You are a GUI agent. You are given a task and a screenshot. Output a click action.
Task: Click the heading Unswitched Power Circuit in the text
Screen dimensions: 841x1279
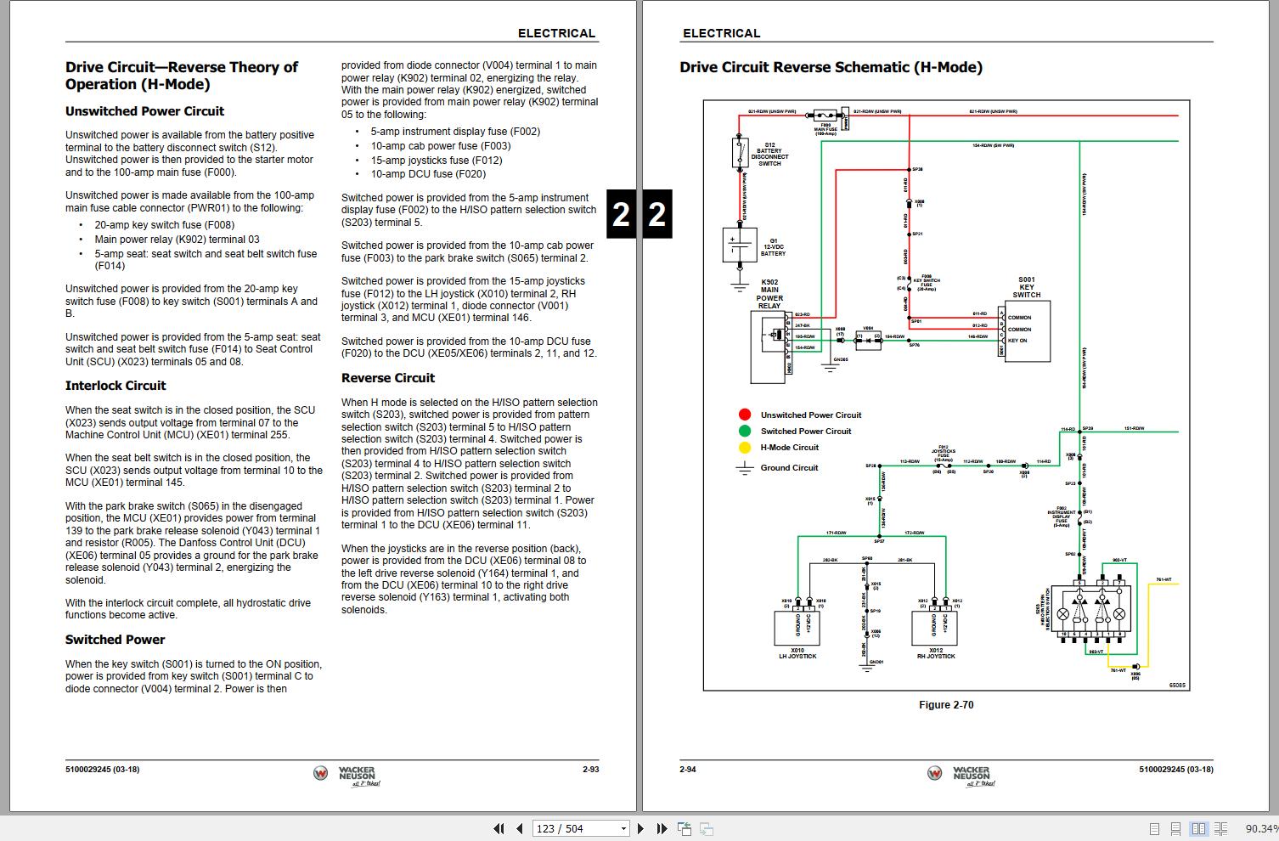[144, 111]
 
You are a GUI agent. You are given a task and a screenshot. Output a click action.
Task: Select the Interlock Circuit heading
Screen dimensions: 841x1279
[116, 386]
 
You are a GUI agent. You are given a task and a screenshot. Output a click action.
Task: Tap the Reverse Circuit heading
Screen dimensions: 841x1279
[388, 378]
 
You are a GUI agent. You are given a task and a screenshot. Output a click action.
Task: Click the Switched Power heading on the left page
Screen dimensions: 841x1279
[115, 640]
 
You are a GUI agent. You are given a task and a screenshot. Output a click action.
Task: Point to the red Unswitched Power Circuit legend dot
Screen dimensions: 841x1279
[745, 415]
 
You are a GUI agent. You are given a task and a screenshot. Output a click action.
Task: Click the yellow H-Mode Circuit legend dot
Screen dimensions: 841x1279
[745, 448]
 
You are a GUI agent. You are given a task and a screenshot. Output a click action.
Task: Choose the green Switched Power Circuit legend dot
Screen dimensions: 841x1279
[745, 431]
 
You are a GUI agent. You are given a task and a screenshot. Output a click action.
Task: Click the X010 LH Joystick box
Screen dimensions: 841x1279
[797, 628]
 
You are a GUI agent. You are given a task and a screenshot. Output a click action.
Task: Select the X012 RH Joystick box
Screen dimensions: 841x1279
[934, 628]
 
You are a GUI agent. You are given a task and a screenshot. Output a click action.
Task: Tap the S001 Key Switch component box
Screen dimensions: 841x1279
[1027, 330]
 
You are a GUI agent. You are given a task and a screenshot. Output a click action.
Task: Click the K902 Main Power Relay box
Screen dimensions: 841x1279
[771, 346]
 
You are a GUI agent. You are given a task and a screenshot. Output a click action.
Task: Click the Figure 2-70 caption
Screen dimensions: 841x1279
[946, 705]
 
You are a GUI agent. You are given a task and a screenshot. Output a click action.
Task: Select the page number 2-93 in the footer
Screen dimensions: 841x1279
[590, 770]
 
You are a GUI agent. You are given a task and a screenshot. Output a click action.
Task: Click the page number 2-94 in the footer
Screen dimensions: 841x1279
[688, 770]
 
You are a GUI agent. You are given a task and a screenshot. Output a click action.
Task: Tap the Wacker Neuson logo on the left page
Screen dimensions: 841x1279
[345, 775]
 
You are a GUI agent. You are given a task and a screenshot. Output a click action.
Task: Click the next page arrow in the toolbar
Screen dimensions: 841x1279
[641, 828]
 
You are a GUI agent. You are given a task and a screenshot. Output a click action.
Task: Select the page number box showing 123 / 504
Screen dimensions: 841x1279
[580, 828]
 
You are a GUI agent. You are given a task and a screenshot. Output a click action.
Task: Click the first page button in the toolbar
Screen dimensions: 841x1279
[499, 828]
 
